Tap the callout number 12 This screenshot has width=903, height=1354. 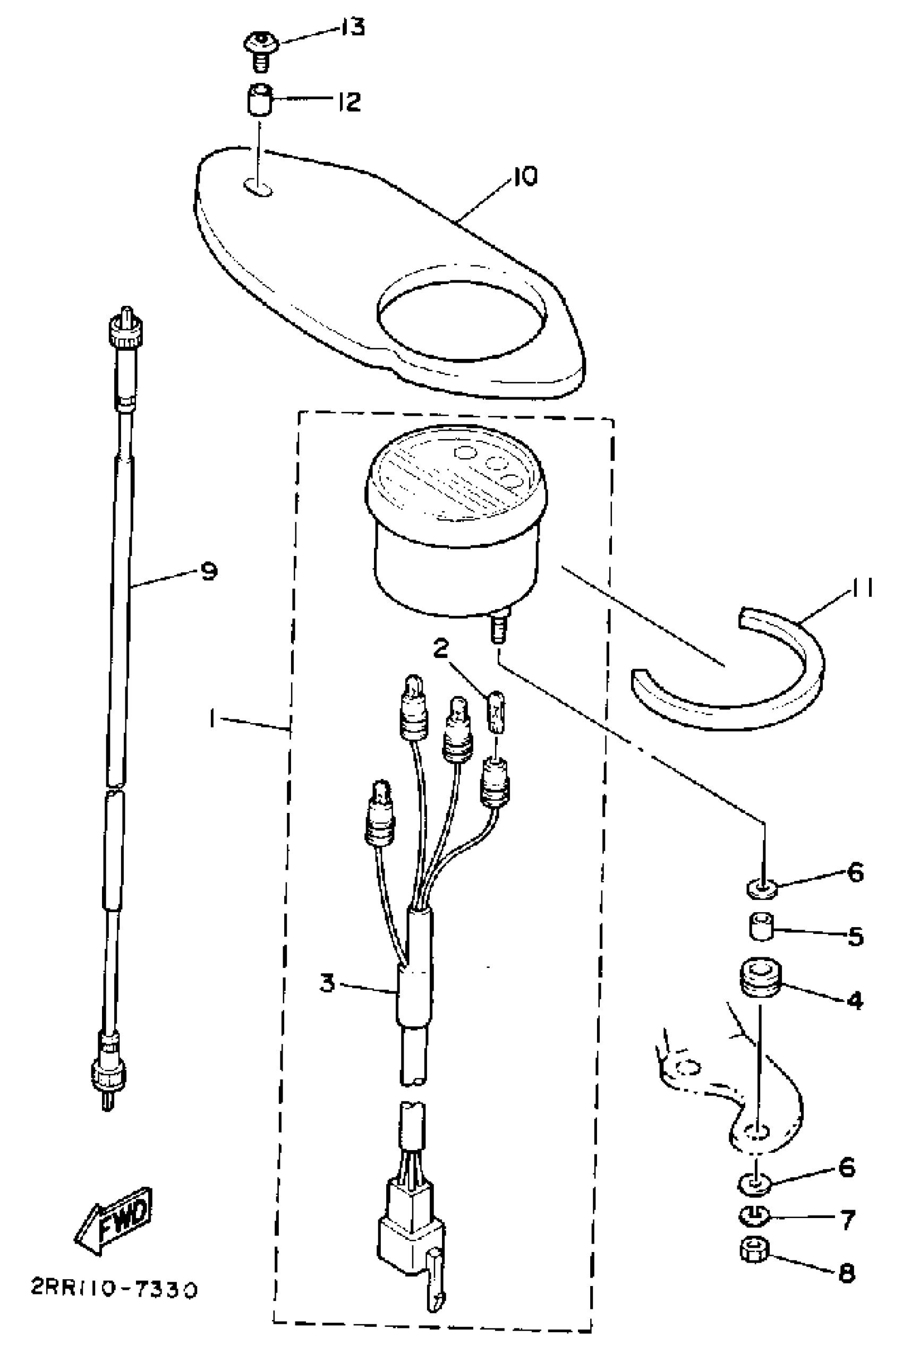(349, 102)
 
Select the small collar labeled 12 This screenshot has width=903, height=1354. (259, 101)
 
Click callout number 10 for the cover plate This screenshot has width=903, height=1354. (525, 176)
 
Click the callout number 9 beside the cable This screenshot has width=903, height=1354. (208, 571)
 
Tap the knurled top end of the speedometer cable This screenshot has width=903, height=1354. (126, 330)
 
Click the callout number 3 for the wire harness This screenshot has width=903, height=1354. (327, 983)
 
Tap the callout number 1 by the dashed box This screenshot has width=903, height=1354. (213, 718)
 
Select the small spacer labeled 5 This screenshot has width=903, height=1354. (761, 927)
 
